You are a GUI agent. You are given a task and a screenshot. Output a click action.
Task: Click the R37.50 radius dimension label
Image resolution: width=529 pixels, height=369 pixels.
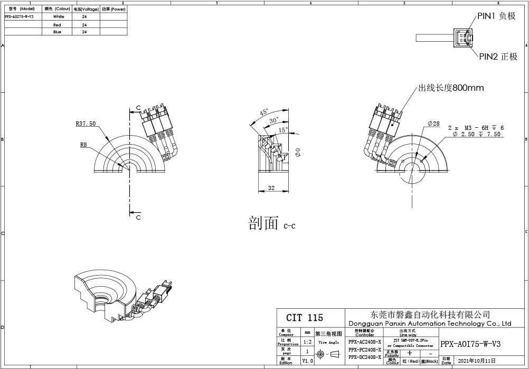[x=86, y=124]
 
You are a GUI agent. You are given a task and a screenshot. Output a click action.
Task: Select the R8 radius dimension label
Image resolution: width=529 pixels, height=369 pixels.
[x=84, y=144]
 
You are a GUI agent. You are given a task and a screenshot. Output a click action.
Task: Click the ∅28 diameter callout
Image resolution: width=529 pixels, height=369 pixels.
[x=433, y=124]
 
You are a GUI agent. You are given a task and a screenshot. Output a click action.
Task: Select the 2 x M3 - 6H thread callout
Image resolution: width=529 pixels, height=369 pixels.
[x=476, y=128]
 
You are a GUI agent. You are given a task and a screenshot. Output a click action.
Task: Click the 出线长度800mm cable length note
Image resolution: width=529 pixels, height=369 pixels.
[x=451, y=88]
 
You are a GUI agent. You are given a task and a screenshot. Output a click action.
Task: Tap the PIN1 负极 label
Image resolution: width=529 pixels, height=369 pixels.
[x=496, y=16]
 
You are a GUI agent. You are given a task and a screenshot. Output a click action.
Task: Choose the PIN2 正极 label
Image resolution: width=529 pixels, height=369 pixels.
[x=498, y=56]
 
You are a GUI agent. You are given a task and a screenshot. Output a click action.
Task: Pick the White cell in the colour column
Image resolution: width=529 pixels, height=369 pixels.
[x=59, y=17]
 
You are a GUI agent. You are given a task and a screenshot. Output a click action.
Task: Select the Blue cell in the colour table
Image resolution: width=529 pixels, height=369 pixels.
[x=58, y=32]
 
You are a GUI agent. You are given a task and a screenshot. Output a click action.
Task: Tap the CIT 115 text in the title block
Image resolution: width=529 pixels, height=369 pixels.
[x=305, y=318]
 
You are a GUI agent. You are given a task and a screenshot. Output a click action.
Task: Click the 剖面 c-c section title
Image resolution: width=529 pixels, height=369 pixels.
[x=272, y=224]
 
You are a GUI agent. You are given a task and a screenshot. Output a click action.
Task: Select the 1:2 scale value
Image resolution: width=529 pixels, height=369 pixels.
[x=307, y=342]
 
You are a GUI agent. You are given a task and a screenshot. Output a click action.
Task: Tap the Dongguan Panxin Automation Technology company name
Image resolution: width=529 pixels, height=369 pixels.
[x=430, y=323]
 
